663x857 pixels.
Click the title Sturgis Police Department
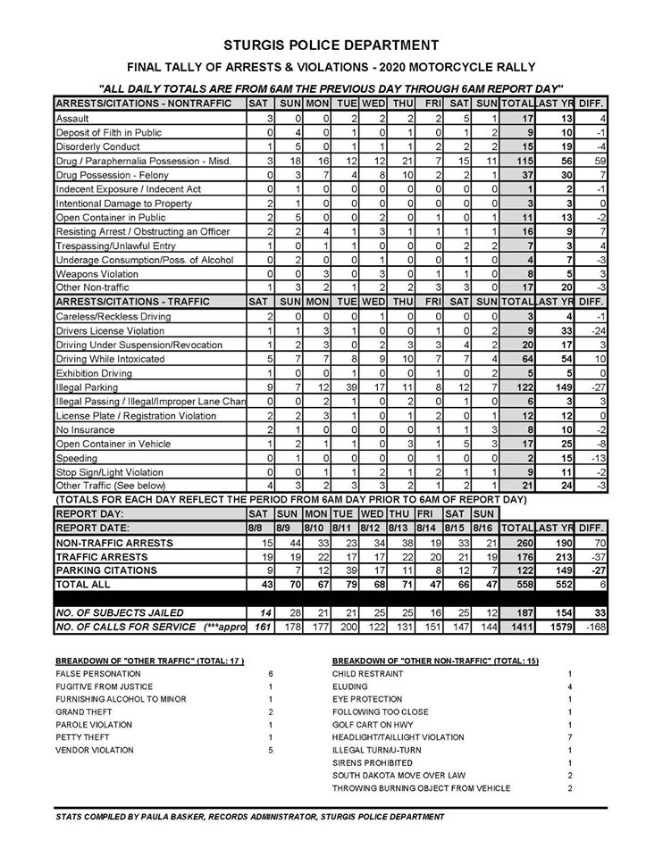331,44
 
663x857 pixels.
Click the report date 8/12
371,528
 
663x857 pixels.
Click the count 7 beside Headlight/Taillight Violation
569,737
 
